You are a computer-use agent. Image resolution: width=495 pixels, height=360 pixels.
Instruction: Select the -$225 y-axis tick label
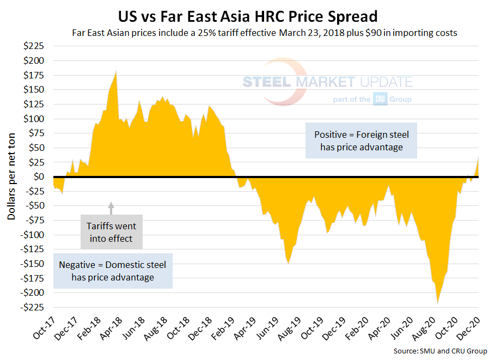coord(33,307)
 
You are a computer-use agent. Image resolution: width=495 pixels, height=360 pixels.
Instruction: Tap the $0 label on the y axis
coord(40,176)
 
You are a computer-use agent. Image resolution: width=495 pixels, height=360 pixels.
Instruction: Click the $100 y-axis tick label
coord(34,119)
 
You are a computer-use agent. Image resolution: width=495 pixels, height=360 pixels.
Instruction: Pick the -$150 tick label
coord(33,264)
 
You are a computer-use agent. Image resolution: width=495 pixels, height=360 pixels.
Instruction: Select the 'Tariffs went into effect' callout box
coord(112,231)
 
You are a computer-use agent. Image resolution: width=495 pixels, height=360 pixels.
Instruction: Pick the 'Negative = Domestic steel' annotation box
coord(113,271)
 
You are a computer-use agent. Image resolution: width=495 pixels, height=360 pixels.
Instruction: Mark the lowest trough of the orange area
coord(437,303)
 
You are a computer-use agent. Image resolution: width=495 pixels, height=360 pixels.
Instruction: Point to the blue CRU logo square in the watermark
coord(380,100)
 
